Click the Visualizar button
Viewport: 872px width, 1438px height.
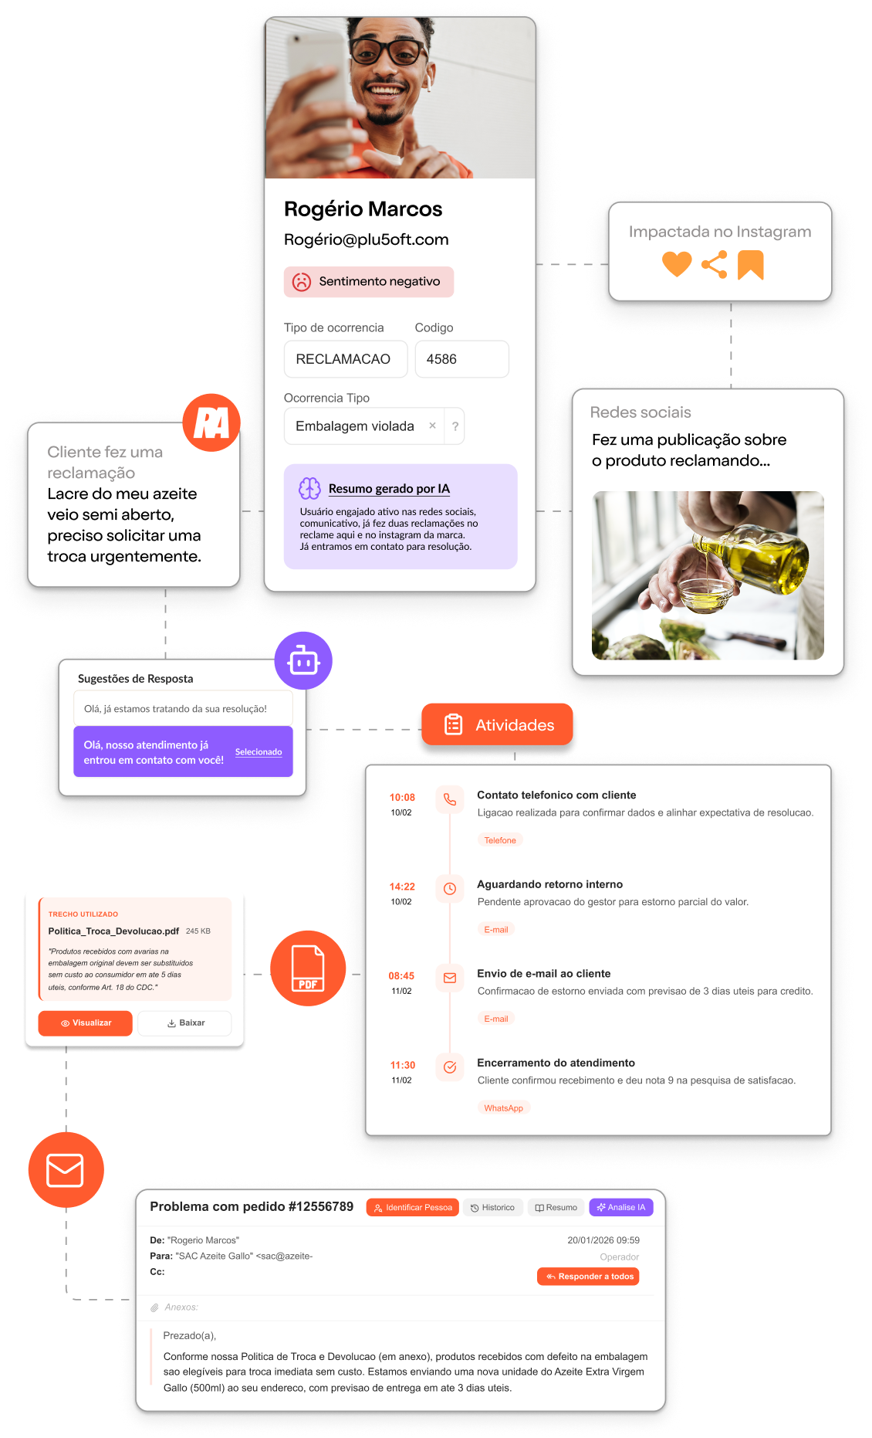coord(85,1023)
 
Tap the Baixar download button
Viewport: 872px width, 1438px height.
coord(185,1023)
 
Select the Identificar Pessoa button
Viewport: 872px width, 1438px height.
coord(413,1207)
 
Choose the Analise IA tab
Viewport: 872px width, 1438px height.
coord(621,1207)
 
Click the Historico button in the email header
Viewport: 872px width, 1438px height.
coord(493,1207)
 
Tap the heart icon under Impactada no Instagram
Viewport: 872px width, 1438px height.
coord(677,264)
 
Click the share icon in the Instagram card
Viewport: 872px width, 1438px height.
coord(715,264)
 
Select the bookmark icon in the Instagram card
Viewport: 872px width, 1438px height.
coord(750,264)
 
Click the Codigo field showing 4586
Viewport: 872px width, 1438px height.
coord(461,359)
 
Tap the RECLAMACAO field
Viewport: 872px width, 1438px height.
coord(345,359)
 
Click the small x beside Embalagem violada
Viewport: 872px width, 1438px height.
coord(432,426)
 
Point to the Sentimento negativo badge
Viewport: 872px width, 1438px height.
coord(368,282)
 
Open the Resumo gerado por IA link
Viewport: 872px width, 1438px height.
coord(389,489)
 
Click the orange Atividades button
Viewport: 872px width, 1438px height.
coord(499,725)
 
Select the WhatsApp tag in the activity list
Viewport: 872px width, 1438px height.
coord(503,1108)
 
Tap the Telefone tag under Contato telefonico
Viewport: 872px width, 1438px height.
coord(500,840)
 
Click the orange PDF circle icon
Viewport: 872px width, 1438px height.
coord(308,968)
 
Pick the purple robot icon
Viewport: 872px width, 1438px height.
coord(303,661)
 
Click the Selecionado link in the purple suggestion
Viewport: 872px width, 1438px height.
coord(259,751)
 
